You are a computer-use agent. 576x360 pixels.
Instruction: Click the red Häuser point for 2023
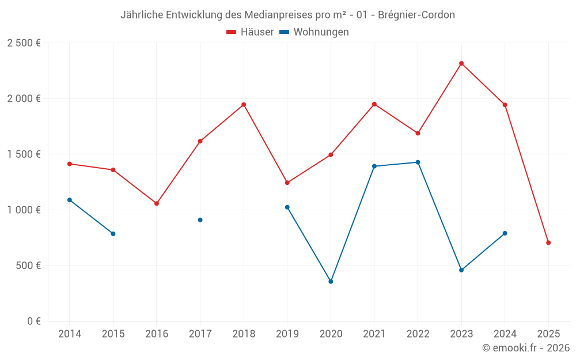[461, 63]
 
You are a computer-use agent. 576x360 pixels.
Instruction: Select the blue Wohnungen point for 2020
[331, 282]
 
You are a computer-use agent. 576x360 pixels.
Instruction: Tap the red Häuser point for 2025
[548, 242]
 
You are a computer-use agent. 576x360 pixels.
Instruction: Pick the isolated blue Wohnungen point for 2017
[200, 220]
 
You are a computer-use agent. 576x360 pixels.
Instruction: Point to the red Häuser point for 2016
[157, 203]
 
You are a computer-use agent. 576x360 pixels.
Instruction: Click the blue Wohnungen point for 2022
[418, 162]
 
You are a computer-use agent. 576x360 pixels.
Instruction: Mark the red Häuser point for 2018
[244, 105]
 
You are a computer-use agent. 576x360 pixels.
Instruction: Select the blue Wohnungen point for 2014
[70, 200]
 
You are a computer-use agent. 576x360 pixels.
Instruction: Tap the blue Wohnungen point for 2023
[461, 270]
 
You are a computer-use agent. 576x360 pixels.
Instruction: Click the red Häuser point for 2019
[287, 183]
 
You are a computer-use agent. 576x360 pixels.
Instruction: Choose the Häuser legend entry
[250, 32]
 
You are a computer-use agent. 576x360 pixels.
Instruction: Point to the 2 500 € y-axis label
[24, 43]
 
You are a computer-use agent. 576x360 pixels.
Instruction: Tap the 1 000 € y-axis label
[24, 210]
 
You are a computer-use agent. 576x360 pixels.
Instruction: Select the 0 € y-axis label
[33, 321]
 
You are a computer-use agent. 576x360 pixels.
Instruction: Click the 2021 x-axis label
[374, 334]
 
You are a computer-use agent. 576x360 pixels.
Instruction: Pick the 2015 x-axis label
[113, 334]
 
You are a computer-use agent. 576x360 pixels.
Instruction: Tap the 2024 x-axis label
[505, 334]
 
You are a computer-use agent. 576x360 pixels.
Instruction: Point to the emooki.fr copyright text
[525, 348]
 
